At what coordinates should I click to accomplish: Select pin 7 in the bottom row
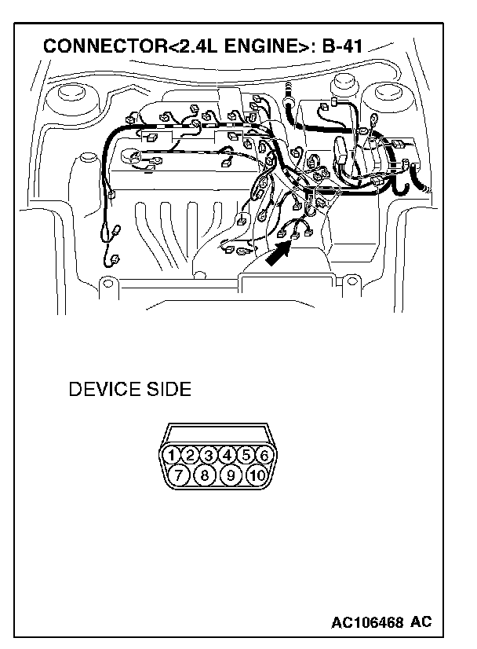[x=178, y=475]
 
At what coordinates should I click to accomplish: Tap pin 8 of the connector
[x=204, y=475]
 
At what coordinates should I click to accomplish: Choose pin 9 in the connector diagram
[x=231, y=475]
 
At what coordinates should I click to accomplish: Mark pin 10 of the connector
[x=257, y=475]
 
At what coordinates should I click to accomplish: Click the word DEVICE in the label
[x=104, y=390]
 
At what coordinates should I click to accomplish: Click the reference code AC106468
[x=368, y=622]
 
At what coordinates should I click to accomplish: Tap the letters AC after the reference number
[x=421, y=622]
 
